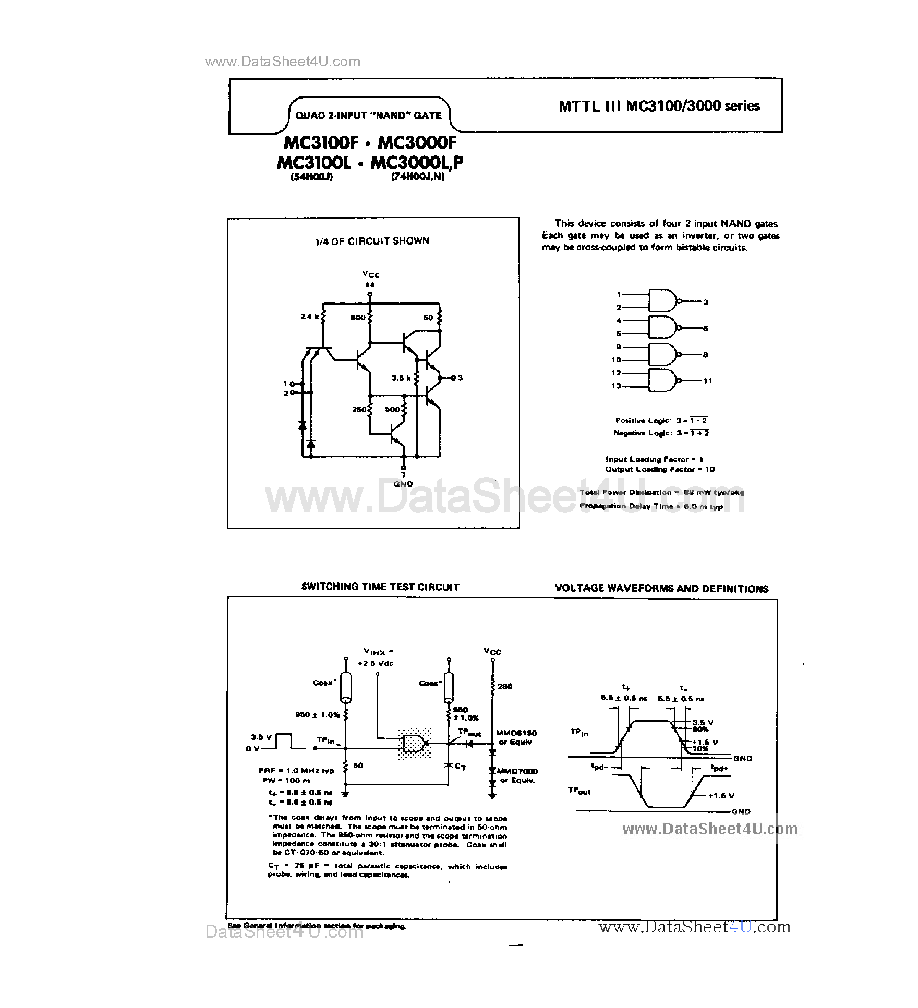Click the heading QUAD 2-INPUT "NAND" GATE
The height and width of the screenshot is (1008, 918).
(368, 116)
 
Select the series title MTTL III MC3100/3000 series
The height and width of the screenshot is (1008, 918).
(659, 106)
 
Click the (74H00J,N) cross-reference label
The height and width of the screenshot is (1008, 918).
(418, 177)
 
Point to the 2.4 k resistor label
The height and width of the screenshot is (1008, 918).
(309, 317)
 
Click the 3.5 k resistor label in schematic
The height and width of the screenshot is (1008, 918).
(401, 378)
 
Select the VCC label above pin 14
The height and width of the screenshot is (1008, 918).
(371, 274)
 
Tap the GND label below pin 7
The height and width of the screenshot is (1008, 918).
(403, 484)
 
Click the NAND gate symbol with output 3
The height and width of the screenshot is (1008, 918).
(662, 301)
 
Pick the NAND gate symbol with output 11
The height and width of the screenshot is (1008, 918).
(662, 380)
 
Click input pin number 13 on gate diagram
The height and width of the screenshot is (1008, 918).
(616, 386)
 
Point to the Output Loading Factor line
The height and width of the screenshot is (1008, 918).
(660, 469)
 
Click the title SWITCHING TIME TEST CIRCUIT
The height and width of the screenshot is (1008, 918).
(380, 587)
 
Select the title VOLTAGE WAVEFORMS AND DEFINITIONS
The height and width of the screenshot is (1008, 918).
(661, 589)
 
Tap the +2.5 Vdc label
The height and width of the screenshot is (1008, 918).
(376, 663)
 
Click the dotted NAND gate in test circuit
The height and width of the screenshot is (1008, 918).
(414, 743)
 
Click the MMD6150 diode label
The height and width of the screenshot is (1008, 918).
(516, 733)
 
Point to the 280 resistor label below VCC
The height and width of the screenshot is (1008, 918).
(505, 686)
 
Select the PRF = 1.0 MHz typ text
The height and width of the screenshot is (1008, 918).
(296, 770)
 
